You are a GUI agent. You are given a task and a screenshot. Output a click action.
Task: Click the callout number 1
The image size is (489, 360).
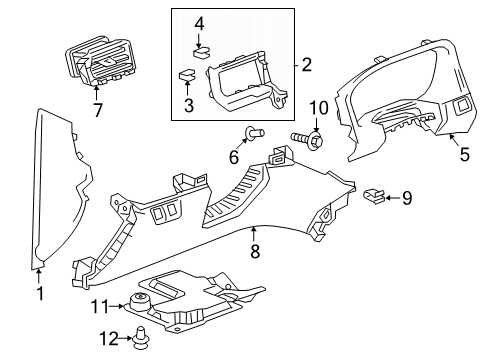click(x=39, y=293)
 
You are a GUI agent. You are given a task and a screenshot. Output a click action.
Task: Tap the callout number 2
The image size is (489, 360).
click(x=307, y=66)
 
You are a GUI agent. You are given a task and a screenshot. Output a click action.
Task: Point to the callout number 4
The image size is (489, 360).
click(x=199, y=22)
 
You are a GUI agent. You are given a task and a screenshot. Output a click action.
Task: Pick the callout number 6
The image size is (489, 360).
click(x=233, y=157)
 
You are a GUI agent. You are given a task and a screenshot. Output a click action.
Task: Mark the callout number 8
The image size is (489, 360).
click(x=255, y=255)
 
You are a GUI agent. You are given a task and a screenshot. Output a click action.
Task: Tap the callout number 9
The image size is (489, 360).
click(x=406, y=198)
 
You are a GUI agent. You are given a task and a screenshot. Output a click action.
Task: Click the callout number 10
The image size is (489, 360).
click(x=318, y=107)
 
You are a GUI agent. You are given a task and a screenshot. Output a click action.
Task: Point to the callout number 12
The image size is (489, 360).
click(x=113, y=340)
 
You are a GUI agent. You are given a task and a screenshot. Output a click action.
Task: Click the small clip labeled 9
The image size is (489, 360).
click(x=373, y=196)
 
